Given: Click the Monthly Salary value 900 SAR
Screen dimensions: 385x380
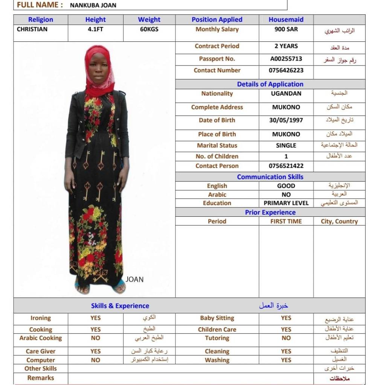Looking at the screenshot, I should [286, 29].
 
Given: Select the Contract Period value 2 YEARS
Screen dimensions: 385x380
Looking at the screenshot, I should [286, 46].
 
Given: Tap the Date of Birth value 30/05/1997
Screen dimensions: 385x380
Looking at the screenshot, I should [286, 120].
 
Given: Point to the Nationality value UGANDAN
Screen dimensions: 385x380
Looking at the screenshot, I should [286, 94].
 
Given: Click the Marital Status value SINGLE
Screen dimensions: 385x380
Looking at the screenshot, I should [286, 146].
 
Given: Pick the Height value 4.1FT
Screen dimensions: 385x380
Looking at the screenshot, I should [95, 29].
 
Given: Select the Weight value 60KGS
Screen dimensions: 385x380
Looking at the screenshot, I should [149, 29].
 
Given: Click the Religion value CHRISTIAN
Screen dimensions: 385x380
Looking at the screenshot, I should [32, 29].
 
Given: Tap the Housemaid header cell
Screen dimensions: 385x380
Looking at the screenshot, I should [286, 20].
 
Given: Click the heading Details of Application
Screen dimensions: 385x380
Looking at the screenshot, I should [270, 84].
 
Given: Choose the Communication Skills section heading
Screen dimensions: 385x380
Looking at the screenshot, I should [270, 177].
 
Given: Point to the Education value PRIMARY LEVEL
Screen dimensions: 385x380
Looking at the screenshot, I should [286, 203].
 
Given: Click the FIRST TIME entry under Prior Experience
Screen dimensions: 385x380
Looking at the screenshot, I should [286, 222].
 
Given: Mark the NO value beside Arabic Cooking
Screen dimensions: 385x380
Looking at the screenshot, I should [95, 338].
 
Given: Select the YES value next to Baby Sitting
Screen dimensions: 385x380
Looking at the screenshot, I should [286, 318].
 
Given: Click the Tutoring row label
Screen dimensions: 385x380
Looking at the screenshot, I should [217, 338].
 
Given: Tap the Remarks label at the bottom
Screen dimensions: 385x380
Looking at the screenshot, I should [41, 378].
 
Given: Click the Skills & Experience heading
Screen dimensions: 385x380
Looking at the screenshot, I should [120, 306].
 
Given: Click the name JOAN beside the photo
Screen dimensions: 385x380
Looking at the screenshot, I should [134, 280].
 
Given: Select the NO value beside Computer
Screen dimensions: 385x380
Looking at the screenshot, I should [95, 360].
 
